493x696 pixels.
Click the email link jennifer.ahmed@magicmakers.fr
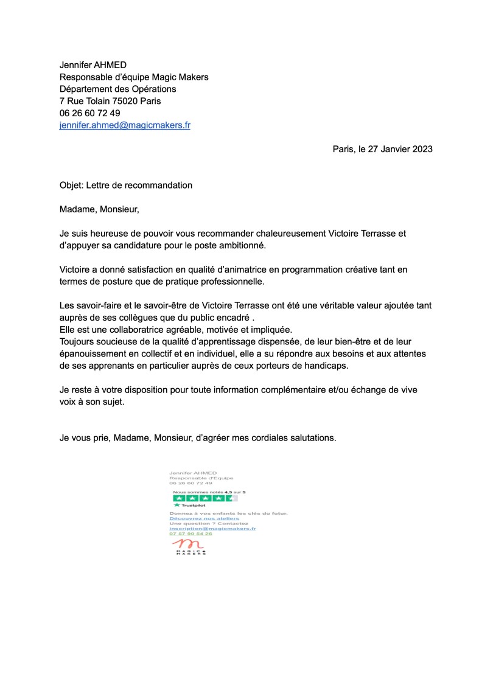click(125, 125)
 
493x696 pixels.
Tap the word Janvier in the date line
click(386, 149)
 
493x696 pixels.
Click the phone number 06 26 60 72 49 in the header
click(89, 113)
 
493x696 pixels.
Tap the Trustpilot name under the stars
click(193, 505)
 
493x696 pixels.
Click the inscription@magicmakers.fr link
click(212, 529)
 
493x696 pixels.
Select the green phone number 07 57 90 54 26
click(191, 534)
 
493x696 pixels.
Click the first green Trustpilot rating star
click(178, 498)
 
